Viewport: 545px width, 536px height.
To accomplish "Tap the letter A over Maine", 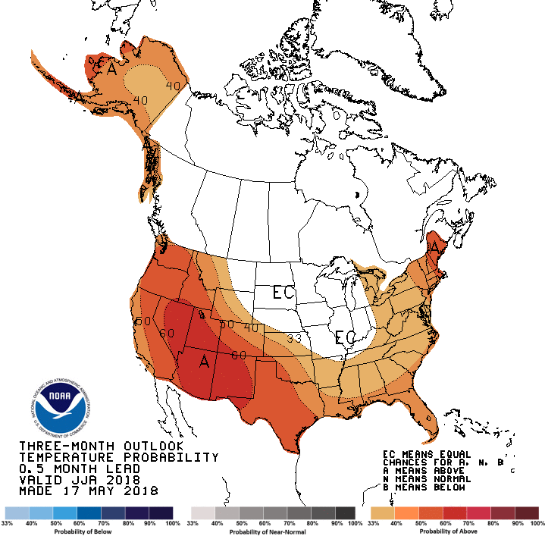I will (434, 247).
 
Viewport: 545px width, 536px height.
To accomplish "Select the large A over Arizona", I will (203, 362).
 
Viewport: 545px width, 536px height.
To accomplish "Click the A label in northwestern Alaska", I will (111, 70).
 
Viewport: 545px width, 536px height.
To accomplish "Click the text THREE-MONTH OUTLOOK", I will (101, 445).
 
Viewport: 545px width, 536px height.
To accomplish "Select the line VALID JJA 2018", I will (80, 479).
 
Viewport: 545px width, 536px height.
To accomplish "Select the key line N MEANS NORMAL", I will (428, 479).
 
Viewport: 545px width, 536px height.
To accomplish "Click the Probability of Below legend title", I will (89, 531).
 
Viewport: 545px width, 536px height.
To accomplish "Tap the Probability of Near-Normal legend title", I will (274, 531).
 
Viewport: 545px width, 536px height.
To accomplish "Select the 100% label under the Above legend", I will (537, 523).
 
